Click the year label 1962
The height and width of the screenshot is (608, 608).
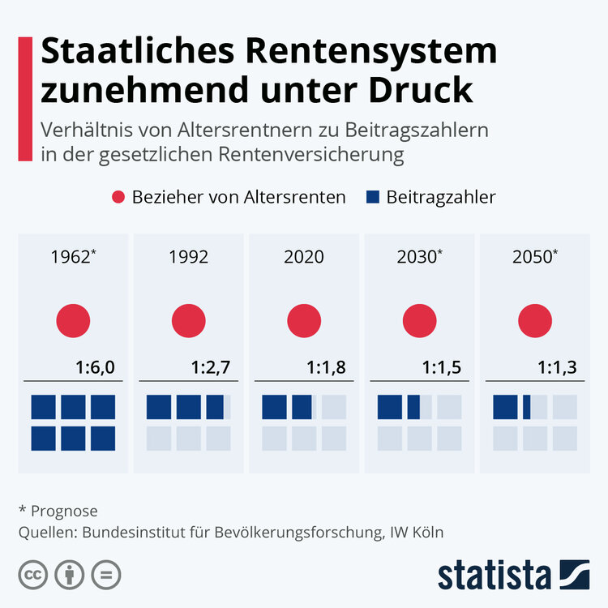point(71,257)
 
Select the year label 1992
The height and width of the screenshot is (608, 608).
point(189,257)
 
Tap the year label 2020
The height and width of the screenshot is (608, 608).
point(304,257)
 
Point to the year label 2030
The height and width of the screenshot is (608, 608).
point(417,257)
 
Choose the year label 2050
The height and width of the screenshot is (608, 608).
point(533,257)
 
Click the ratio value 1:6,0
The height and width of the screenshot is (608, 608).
point(96,368)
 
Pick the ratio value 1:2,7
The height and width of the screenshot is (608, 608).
point(212,368)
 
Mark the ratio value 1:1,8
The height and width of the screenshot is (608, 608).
point(327,368)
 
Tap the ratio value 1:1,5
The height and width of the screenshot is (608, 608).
point(442,368)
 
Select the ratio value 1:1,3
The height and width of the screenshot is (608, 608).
point(558,368)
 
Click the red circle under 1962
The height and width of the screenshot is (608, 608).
point(73,320)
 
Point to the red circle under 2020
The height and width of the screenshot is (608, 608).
point(304,320)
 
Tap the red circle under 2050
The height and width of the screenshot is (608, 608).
point(535,320)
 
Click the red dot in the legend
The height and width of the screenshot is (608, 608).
point(118,197)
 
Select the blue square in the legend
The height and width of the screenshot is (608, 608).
point(373,197)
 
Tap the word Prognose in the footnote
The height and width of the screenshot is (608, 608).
point(64,511)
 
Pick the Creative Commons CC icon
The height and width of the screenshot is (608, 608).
point(33,575)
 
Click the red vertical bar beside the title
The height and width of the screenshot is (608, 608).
point(25,97)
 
